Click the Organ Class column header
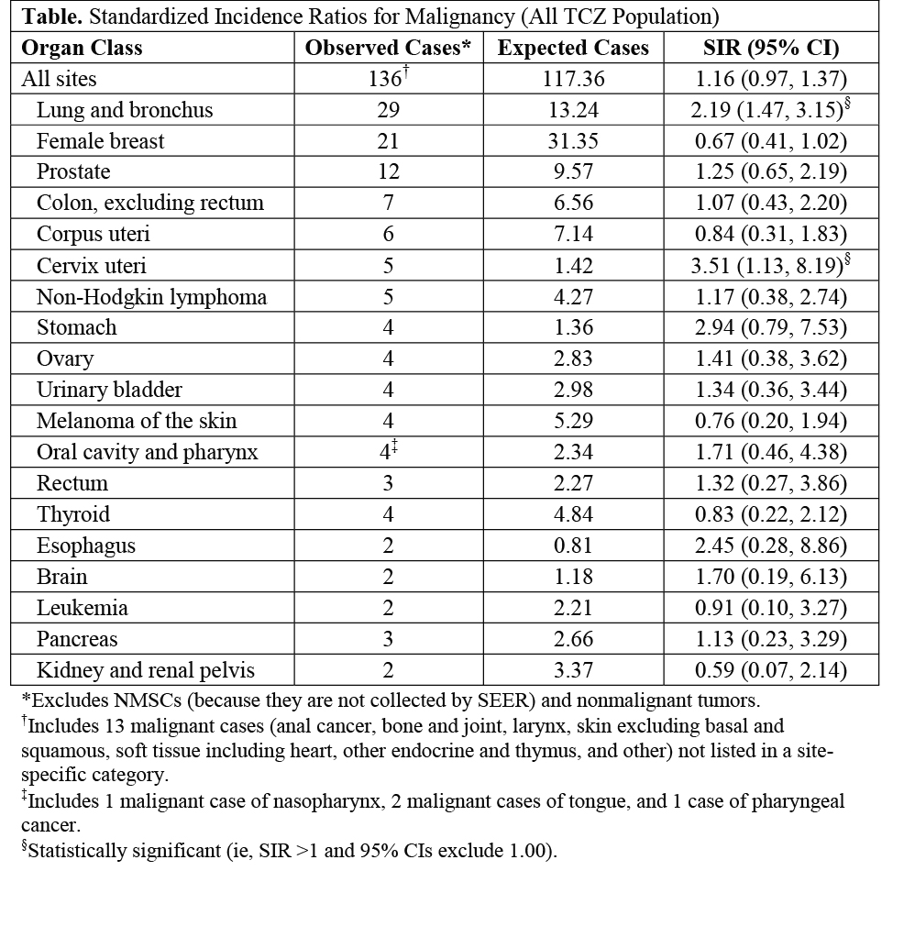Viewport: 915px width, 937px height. point(82,48)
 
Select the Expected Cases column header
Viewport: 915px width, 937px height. point(573,48)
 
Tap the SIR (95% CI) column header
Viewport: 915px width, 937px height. point(770,48)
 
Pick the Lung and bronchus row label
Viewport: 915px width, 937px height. point(125,110)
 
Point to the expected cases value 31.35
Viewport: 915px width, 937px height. point(573,141)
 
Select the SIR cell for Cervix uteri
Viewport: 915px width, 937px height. point(770,266)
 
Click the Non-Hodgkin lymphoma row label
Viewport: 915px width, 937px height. point(151,297)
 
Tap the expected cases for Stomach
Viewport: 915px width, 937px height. point(573,328)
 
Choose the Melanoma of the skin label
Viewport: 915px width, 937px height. point(137,422)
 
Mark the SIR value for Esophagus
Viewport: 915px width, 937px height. point(770,546)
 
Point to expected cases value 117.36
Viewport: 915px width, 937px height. point(573,79)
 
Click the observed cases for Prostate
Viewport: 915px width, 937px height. point(388,172)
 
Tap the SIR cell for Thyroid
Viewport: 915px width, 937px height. point(770,515)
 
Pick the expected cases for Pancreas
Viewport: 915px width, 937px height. point(573,640)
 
